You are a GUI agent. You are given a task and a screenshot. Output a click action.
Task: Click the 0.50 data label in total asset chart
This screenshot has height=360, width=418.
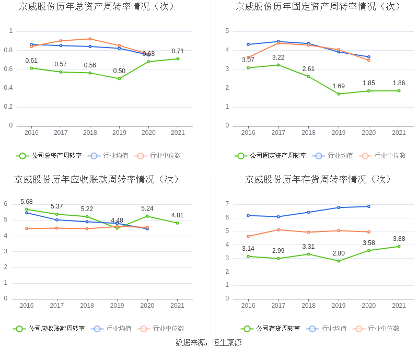click(x=119, y=71)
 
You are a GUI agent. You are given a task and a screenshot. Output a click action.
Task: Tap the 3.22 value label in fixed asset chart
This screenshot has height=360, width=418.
click(x=278, y=57)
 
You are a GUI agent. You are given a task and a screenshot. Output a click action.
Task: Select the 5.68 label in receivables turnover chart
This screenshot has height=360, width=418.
click(x=27, y=202)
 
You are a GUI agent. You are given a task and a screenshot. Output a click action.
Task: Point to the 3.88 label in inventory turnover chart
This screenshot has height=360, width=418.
click(x=399, y=239)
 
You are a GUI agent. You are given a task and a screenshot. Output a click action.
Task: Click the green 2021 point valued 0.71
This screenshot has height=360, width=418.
click(x=178, y=59)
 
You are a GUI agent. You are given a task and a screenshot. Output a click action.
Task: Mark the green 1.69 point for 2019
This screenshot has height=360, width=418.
click(x=339, y=94)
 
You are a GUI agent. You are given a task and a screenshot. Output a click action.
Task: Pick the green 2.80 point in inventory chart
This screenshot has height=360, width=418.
click(x=339, y=261)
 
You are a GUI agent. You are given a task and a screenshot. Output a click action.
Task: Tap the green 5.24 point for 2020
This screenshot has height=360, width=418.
click(x=147, y=216)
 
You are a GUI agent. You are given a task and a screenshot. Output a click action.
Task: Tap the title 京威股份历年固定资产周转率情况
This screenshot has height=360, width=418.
click(x=319, y=7)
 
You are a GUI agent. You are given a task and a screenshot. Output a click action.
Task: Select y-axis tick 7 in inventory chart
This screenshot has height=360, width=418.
click(x=227, y=204)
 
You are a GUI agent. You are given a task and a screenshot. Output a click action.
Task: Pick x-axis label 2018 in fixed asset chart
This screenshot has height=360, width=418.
click(x=308, y=133)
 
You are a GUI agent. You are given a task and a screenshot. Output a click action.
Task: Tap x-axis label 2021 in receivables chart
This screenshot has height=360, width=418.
click(x=178, y=306)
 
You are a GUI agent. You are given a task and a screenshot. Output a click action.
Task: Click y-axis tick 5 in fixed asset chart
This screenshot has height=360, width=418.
click(x=227, y=31)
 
